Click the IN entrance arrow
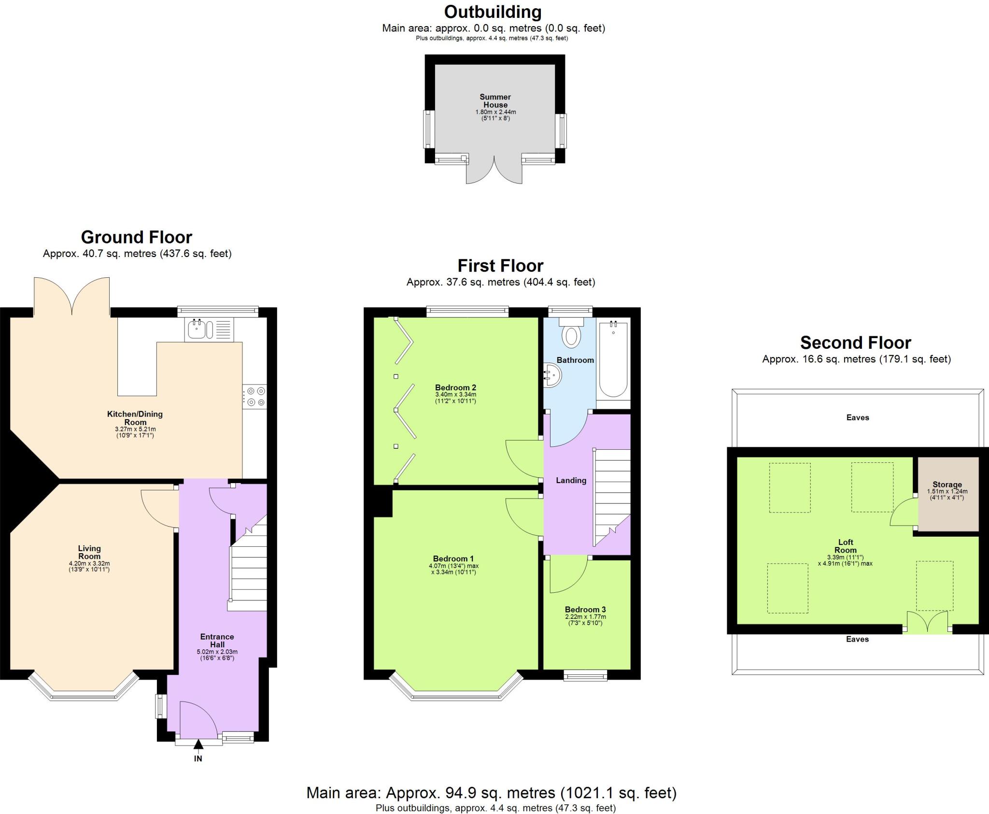pos(198,746)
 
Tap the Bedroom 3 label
pos(585,610)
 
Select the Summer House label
pos(495,101)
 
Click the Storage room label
pos(947,485)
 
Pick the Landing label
pos(571,480)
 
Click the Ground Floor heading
pos(137,237)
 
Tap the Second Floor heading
pos(855,343)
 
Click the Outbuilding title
pos(493,12)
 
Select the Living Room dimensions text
pos(89,566)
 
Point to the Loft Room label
pos(845,546)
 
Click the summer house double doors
pos(494,171)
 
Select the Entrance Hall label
pos(217,641)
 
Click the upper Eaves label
pos(857,417)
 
